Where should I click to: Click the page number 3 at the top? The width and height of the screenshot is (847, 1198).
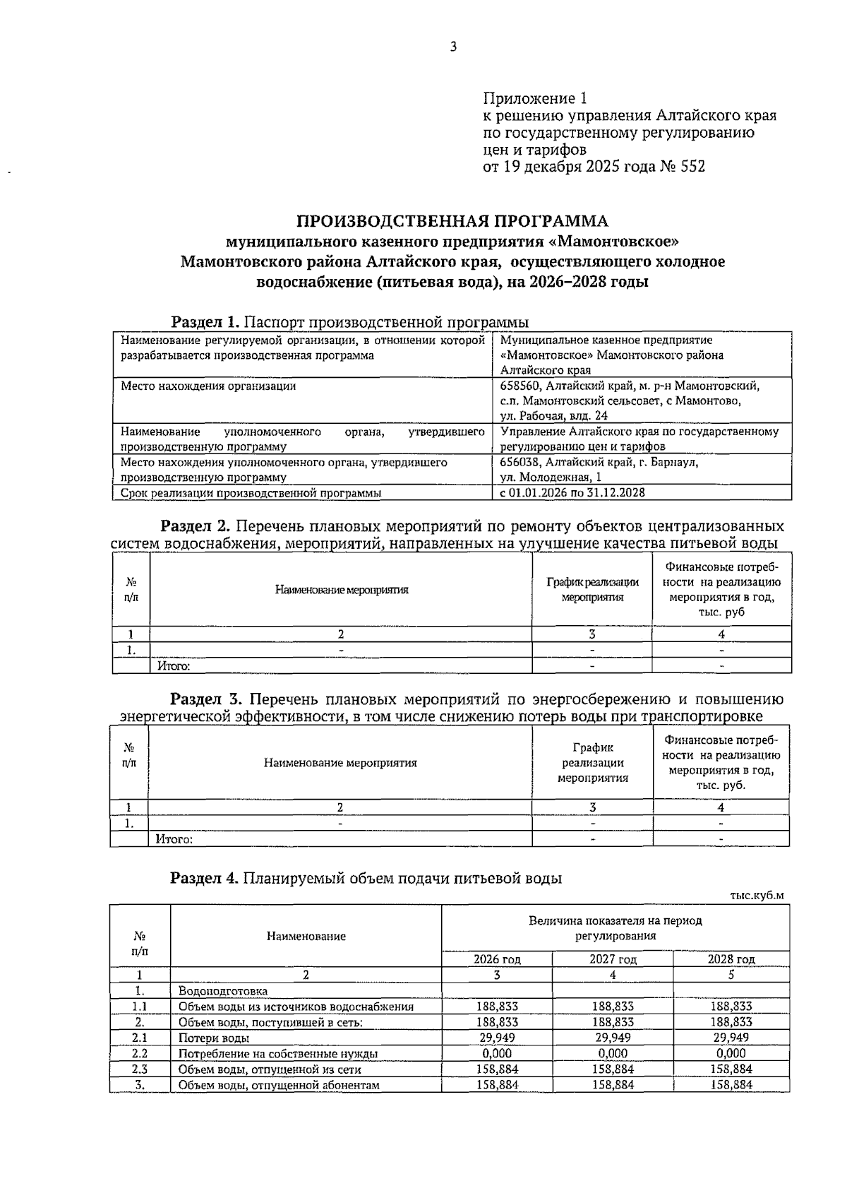(x=453, y=47)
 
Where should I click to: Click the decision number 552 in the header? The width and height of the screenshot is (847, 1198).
(x=692, y=167)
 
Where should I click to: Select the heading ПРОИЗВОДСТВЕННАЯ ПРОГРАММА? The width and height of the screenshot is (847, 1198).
(x=452, y=221)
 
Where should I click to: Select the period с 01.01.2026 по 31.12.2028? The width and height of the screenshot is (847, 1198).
(x=572, y=493)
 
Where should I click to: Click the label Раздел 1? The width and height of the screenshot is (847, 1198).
(x=206, y=323)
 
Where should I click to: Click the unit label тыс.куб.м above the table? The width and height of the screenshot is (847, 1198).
(x=757, y=896)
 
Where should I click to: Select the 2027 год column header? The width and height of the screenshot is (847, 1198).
(x=613, y=959)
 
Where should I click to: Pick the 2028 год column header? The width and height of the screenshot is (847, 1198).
(x=731, y=959)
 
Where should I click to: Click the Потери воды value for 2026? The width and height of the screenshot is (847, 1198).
(x=496, y=1038)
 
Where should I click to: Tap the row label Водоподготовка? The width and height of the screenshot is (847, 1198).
(x=222, y=991)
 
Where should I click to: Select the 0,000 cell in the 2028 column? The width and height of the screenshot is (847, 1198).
(x=731, y=1053)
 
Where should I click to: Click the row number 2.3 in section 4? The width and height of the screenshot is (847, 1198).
(x=140, y=1069)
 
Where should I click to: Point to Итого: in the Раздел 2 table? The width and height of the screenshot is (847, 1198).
(x=174, y=665)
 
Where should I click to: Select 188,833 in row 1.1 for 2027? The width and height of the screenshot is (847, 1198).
(x=613, y=1007)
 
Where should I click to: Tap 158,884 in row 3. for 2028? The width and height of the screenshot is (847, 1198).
(x=731, y=1084)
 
